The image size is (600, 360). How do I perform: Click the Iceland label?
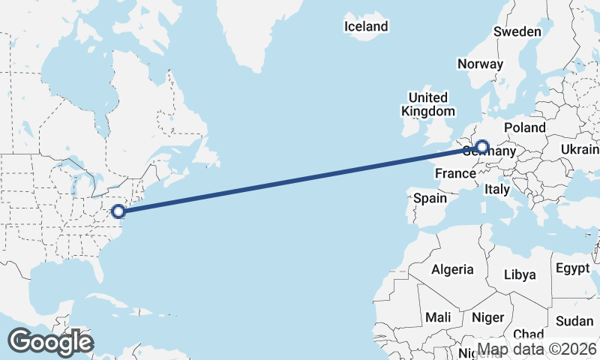(366, 27)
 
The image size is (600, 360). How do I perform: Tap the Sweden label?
(517, 31)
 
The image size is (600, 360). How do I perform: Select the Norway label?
(479, 64)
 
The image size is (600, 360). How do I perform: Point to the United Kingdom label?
(427, 104)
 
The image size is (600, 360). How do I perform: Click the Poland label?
(525, 127)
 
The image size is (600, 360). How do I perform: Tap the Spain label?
(430, 199)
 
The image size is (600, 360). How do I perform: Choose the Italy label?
(497, 189)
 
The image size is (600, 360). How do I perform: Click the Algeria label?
(452, 269)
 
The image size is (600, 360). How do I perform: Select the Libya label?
(520, 274)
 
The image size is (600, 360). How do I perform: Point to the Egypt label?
(574, 268)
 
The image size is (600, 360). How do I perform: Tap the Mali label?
(438, 317)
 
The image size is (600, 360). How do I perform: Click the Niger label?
(487, 317)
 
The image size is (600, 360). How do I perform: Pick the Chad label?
(529, 334)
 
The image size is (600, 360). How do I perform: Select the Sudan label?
(575, 321)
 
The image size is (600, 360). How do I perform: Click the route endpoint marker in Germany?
(481, 148)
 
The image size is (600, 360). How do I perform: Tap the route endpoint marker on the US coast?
(118, 211)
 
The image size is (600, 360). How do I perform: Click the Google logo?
(50, 342)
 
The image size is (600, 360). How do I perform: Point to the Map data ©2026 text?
(537, 349)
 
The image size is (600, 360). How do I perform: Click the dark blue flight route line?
(300, 180)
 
